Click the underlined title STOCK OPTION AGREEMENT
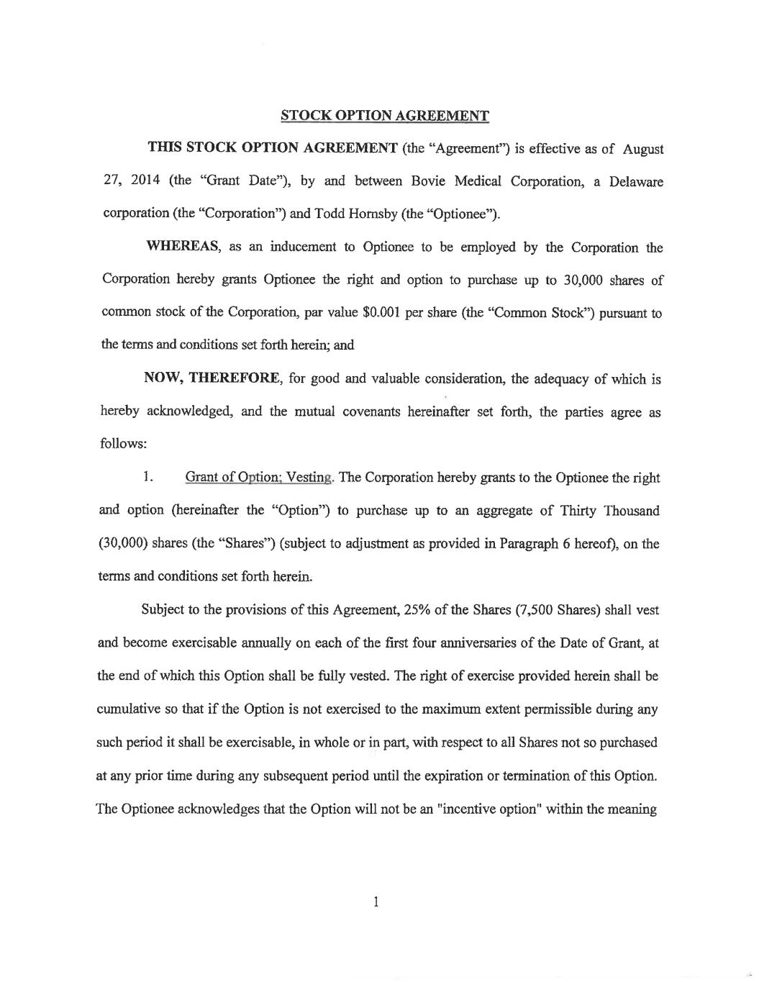coord(384,115)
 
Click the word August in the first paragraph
coord(643,150)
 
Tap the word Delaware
coord(636,181)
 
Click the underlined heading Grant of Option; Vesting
coord(260,478)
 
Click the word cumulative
coord(129,709)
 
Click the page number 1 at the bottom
coord(376,901)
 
